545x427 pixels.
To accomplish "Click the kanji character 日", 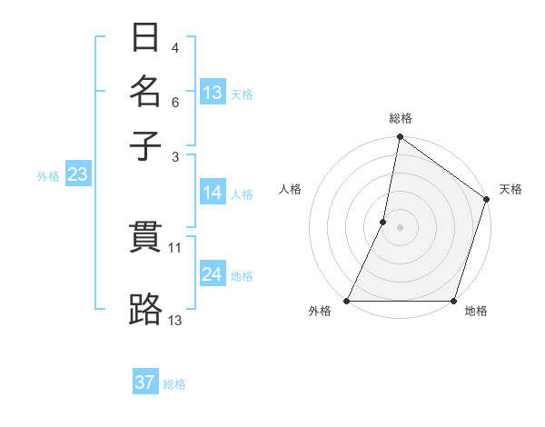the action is tap(145, 40).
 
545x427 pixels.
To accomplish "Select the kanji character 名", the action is tap(145, 92).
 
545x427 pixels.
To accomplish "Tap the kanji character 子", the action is tap(145, 144).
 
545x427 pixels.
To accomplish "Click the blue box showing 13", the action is tap(213, 92).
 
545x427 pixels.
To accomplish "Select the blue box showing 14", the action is tap(213, 193).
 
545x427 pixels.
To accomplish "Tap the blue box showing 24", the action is tap(213, 274).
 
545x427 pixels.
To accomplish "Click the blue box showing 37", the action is tap(145, 382).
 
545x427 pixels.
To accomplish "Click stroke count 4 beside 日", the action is tap(174, 47).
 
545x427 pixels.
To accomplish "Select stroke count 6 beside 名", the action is tap(174, 102).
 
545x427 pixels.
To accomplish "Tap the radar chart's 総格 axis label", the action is tap(401, 118).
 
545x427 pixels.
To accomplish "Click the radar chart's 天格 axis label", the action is tap(510, 189).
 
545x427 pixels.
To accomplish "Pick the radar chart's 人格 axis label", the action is tap(291, 189).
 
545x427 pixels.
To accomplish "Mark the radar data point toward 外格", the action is tap(347, 301).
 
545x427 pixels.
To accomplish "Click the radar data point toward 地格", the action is tap(453, 301).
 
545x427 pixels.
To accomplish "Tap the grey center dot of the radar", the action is tap(400, 227).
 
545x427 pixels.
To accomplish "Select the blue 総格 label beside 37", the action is tap(174, 384).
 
